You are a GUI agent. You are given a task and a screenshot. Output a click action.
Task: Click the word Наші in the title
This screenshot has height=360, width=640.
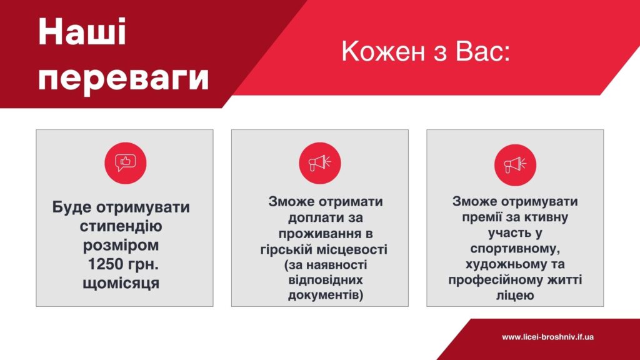point(82,32)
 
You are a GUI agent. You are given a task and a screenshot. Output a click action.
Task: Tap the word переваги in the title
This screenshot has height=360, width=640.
point(124,77)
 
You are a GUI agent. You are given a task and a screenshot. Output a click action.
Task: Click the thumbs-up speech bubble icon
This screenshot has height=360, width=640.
point(125,163)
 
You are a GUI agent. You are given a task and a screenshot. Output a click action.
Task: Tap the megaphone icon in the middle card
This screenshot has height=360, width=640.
point(319,163)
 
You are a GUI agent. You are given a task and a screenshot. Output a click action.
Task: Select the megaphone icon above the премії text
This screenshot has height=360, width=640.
point(515,165)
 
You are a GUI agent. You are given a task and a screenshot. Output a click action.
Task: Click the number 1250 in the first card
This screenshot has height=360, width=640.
point(106,264)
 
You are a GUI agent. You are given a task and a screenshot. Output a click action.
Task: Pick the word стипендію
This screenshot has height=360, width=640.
point(121,226)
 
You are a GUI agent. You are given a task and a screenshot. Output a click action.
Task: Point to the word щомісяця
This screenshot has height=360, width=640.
point(121,283)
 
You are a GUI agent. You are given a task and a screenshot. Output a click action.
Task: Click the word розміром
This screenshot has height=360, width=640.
point(121,245)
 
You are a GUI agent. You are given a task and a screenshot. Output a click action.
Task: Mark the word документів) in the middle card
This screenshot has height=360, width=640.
point(325,295)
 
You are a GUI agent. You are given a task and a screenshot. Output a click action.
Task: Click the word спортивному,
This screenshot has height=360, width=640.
point(515,249)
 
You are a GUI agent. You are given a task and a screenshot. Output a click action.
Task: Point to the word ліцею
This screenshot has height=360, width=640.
point(515,295)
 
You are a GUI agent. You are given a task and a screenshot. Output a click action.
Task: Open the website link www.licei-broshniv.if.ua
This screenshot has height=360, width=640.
point(547,337)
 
